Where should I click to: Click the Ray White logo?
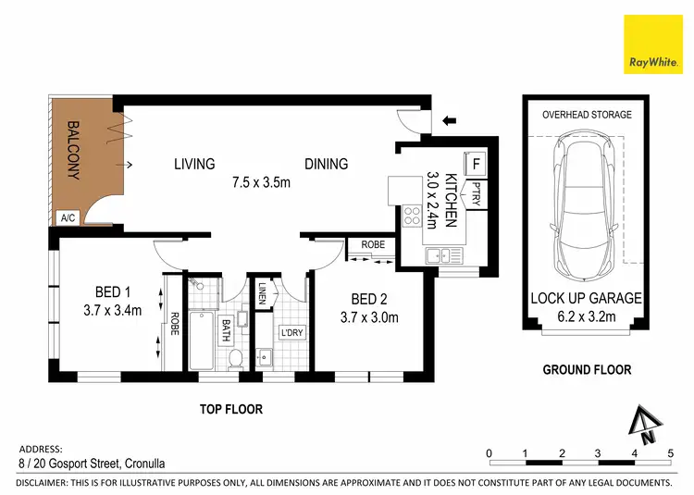[x=653, y=44]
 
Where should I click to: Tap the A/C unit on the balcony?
[x=68, y=217]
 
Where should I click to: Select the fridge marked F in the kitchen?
[x=475, y=164]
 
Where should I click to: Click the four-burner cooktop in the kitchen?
[x=412, y=217]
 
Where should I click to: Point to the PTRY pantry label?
[x=477, y=193]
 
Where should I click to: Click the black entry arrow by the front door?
[x=449, y=120]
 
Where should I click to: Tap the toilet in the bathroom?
[x=235, y=359]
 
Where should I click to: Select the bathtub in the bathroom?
[x=202, y=340]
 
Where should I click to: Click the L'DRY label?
[x=291, y=332]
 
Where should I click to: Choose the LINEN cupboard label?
[x=263, y=293]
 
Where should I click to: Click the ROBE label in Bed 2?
[x=373, y=244]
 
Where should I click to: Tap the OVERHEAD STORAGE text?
[x=587, y=115]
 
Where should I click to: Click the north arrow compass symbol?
[x=645, y=425]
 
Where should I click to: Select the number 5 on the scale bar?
[x=671, y=453]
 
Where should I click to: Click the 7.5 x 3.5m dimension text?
[x=261, y=182]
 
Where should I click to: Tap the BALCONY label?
[x=73, y=151]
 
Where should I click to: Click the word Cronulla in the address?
[x=144, y=464]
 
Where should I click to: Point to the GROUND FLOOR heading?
[x=587, y=370]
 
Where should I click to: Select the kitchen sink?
[x=443, y=255]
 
